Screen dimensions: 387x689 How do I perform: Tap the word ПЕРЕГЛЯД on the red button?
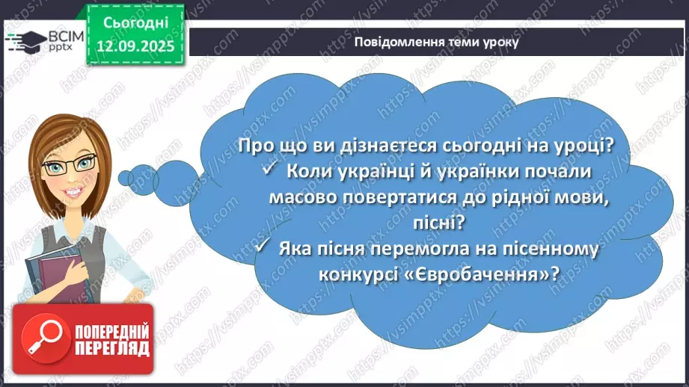(111, 348)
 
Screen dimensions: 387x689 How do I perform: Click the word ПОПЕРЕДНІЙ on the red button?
(111, 331)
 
